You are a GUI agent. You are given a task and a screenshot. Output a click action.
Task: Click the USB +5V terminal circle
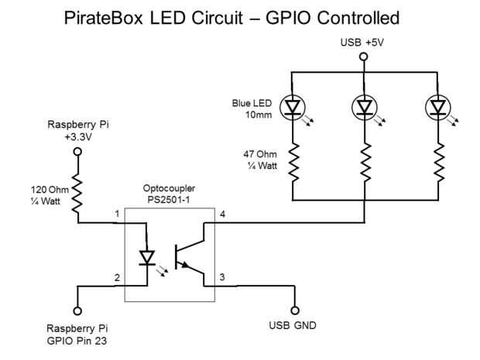click(x=363, y=57)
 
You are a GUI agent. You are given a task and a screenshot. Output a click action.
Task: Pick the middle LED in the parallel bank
click(x=363, y=106)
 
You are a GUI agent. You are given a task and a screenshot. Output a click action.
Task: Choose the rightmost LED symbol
click(x=438, y=106)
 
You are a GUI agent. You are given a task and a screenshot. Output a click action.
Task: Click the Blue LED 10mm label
click(x=252, y=108)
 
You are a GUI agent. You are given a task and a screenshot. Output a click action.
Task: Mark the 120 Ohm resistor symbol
click(x=77, y=195)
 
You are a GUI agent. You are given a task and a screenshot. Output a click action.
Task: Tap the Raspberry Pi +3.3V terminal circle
click(x=77, y=152)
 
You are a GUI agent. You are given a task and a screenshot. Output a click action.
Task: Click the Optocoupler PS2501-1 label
click(x=169, y=194)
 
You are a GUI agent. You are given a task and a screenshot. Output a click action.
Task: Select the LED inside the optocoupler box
click(x=146, y=255)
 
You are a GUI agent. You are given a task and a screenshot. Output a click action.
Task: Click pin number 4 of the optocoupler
click(x=222, y=214)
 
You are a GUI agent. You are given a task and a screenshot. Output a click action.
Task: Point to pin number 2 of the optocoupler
click(x=116, y=276)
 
